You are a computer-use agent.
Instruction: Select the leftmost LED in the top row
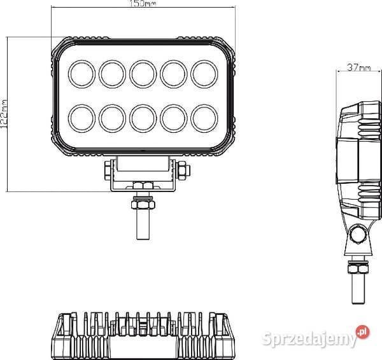coord(81,74)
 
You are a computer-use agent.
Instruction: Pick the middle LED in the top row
coord(143,74)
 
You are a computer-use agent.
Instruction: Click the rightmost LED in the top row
coord(204,74)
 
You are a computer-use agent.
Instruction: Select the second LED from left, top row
coord(112,74)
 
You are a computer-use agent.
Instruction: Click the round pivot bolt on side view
coord(358,237)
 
